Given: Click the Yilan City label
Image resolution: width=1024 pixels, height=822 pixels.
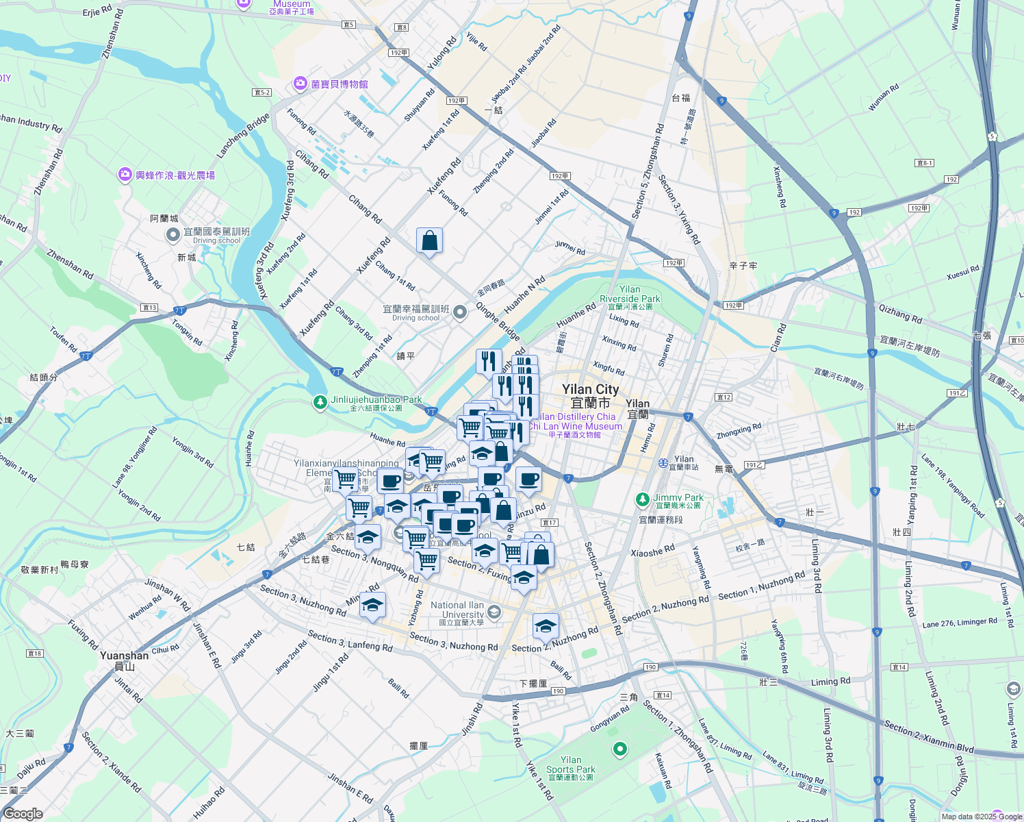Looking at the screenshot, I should click(x=590, y=390).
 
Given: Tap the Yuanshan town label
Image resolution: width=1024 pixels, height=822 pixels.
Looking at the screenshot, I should click(x=124, y=656).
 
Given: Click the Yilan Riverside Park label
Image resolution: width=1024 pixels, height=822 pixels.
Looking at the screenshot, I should click(x=630, y=295).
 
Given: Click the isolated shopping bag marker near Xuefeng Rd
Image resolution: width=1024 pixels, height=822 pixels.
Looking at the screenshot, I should click(x=429, y=241).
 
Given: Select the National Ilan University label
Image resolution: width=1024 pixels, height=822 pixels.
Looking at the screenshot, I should click(x=457, y=610).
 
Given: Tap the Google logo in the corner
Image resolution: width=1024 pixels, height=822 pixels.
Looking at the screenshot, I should click(x=23, y=814).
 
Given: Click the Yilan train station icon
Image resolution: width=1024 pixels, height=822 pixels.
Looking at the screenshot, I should click(x=663, y=463).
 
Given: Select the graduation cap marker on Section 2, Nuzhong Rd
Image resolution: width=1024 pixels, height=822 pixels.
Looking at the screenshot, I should click(x=546, y=626).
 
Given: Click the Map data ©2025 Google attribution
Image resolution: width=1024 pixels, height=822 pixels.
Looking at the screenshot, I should click(x=982, y=817).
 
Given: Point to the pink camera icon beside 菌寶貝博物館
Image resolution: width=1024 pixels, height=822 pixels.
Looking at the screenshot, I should click(x=300, y=84).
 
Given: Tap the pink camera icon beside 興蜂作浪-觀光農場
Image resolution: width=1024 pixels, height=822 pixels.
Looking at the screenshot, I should click(x=125, y=175).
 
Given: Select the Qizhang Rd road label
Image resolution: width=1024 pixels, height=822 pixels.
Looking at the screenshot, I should click(x=900, y=314).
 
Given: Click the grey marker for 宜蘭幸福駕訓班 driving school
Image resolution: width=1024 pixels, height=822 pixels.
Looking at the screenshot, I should click(x=460, y=313).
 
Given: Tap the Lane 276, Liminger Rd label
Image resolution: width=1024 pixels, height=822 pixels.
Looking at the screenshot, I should click(x=960, y=623).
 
